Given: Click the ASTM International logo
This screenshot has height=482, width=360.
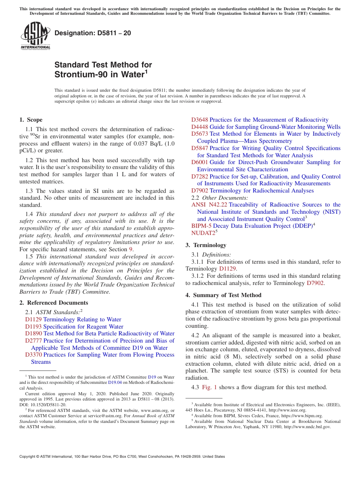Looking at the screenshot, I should coord(35,36).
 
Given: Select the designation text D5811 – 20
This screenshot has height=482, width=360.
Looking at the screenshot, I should coord(92,33).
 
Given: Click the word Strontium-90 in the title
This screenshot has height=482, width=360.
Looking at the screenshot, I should coord(77,75).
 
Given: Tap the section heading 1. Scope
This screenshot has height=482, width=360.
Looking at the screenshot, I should coord(31,120).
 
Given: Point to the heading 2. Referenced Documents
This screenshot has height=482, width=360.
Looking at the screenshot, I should coord(53,303).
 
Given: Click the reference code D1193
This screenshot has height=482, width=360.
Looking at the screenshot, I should coord(33,327).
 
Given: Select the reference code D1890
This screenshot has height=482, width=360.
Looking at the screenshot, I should coord(33,333).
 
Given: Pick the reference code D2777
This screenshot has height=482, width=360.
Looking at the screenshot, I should coord(33,341).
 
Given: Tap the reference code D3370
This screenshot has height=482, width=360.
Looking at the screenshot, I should coord(33,355).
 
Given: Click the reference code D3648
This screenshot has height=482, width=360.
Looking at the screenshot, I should coord(199,120).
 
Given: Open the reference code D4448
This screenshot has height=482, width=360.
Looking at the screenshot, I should coord(199,127).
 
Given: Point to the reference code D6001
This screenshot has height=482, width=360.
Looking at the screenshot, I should coord(199,162).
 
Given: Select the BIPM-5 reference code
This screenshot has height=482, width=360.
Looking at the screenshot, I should coord(201,226).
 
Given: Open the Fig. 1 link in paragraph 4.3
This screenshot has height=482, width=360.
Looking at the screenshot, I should coord(210,387).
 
